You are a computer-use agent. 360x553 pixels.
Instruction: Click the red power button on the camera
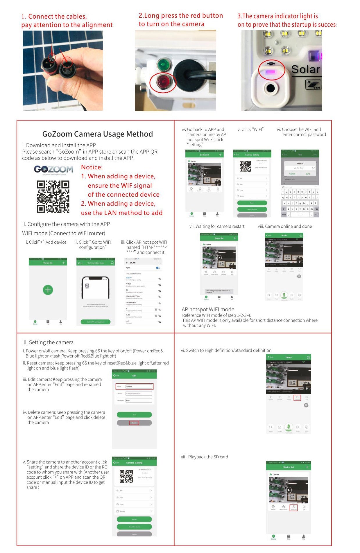tap(163, 82)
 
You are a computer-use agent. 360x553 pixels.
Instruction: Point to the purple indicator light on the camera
tap(271, 72)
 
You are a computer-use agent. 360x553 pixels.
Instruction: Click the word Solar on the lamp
tap(306, 70)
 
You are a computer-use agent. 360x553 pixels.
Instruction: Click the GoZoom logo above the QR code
tap(53, 169)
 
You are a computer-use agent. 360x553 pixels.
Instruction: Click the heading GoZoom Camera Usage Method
tap(98, 134)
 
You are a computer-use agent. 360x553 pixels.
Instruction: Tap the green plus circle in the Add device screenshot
tap(48, 290)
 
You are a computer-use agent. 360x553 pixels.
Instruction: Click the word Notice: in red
tap(92, 167)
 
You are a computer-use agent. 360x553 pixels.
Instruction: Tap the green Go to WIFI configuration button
tap(96, 322)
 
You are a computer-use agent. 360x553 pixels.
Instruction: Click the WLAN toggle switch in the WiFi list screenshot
tap(158, 268)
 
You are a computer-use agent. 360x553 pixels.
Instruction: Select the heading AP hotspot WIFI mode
tap(208, 309)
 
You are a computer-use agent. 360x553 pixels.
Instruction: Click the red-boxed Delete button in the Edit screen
tap(134, 423)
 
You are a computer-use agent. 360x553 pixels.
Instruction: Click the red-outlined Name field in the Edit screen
tap(134, 387)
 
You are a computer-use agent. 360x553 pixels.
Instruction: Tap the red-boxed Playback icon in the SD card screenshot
tap(294, 508)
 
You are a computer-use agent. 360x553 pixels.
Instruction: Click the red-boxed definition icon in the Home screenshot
tap(297, 398)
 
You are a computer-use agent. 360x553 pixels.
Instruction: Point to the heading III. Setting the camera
tap(48, 342)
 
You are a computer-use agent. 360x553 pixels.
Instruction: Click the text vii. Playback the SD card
tap(205, 457)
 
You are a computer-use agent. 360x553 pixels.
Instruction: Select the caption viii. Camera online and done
tap(285, 226)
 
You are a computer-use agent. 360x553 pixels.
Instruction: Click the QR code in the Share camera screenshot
tap(126, 476)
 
